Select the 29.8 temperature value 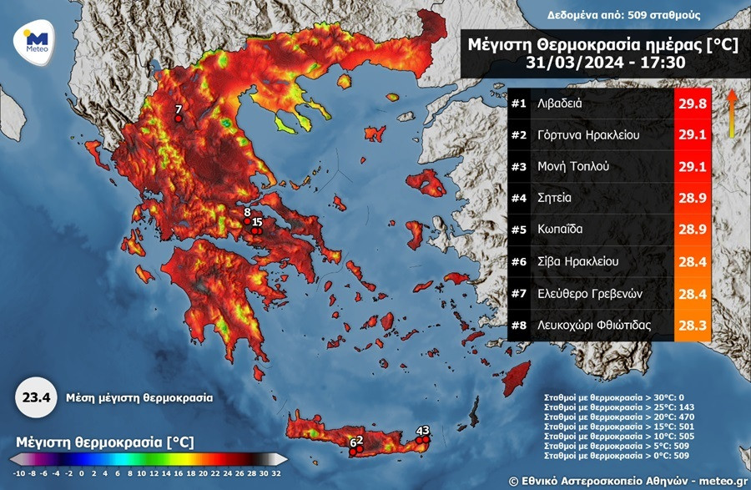[693, 104]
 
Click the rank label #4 [519, 198]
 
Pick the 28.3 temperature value [693, 324]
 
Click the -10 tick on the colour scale [18, 472]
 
